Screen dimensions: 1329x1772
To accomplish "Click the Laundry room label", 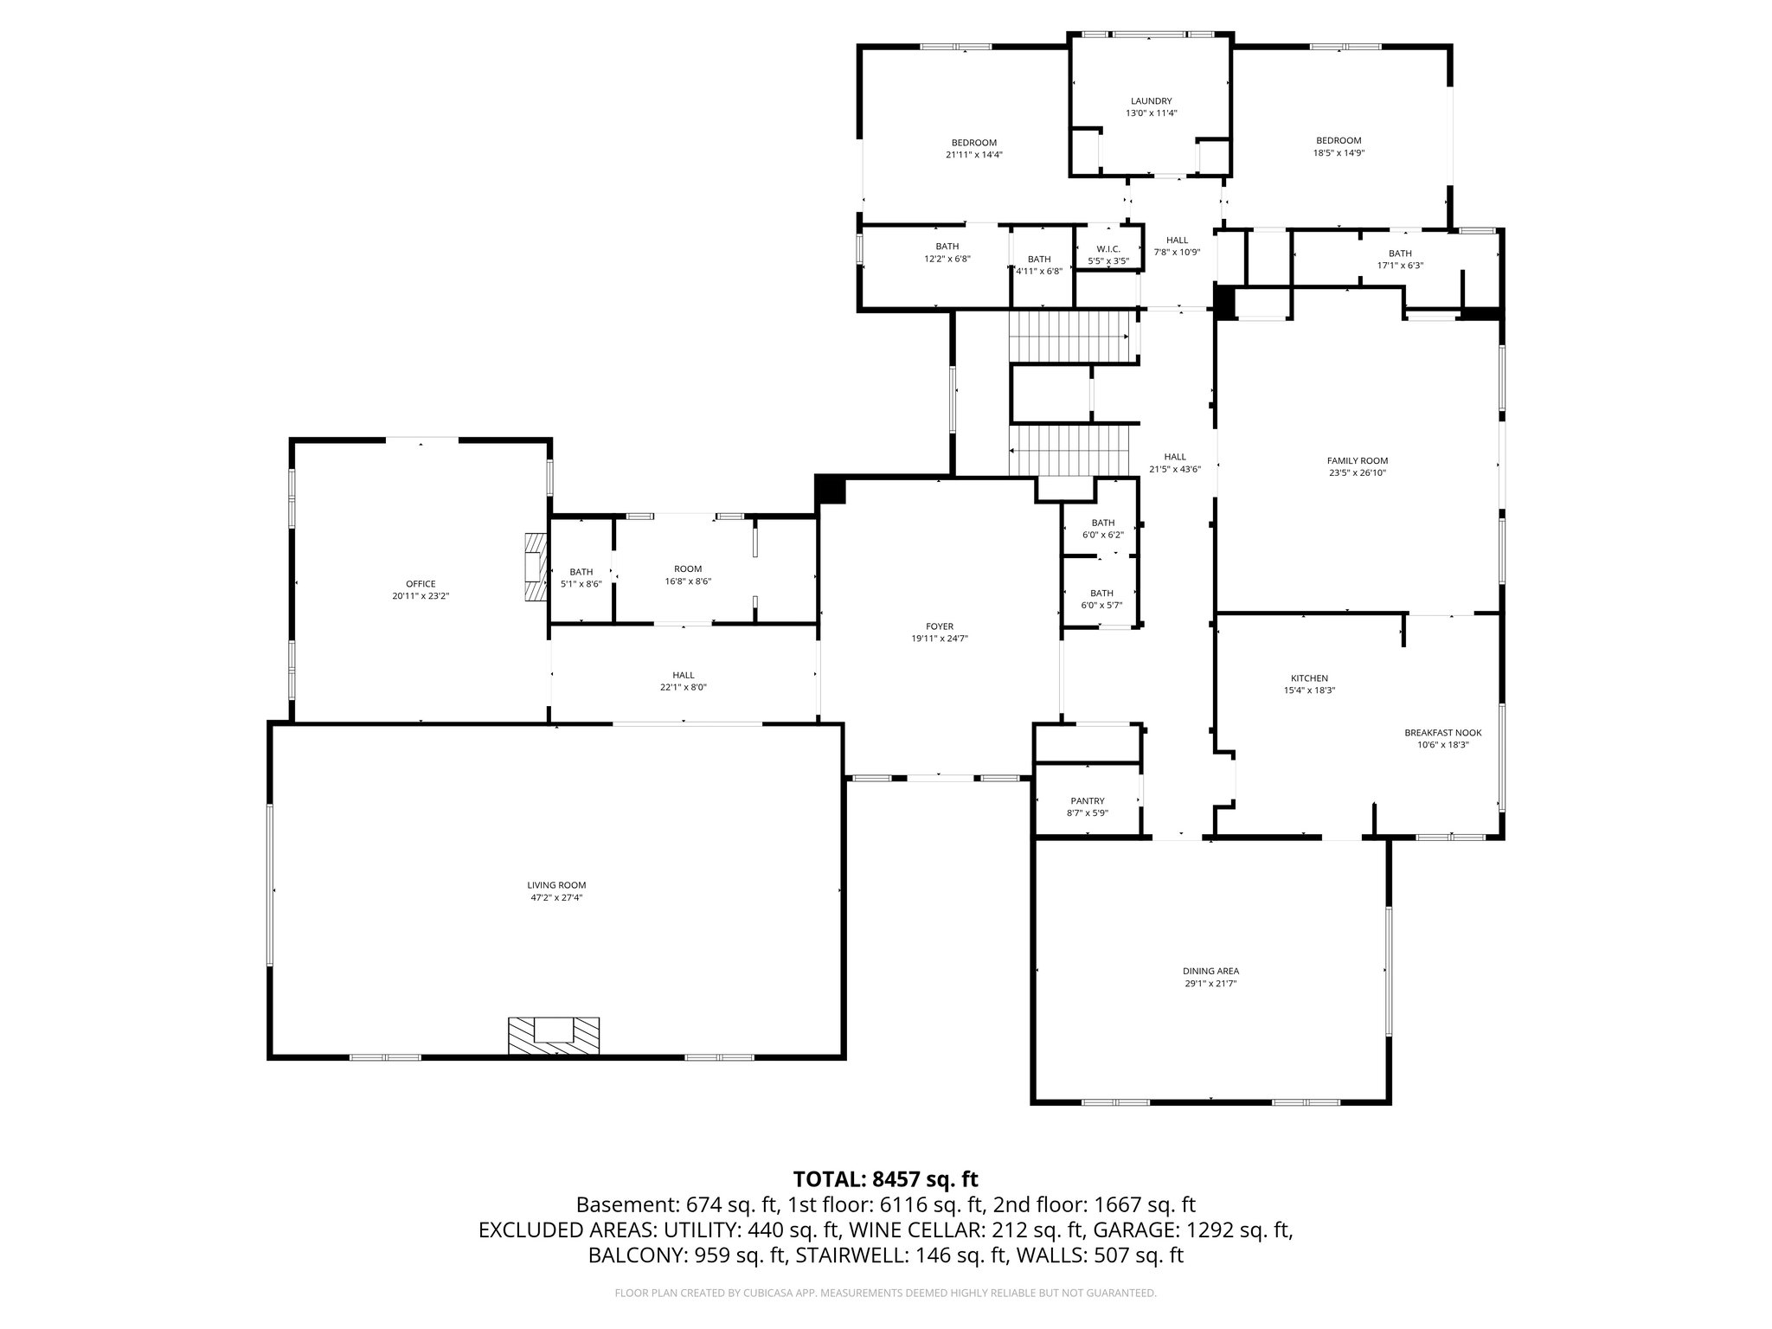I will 1151,101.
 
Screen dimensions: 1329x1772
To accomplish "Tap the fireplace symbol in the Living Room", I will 554,1035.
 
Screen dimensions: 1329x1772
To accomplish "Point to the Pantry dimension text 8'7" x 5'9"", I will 1087,813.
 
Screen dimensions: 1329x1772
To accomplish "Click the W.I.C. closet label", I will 1108,249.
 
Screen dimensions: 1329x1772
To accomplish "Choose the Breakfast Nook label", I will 1442,733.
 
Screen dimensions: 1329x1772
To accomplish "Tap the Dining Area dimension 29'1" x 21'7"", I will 1210,984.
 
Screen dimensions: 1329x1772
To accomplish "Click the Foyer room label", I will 939,626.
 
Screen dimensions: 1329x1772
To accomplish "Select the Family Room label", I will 1358,461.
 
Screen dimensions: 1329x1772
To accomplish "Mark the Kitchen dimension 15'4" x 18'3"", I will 1309,690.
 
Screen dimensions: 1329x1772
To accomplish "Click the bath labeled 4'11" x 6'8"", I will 1039,265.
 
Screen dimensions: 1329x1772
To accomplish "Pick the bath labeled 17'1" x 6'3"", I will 1400,260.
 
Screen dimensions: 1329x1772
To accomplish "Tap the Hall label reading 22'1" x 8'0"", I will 684,681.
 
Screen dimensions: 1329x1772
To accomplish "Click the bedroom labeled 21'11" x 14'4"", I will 974,149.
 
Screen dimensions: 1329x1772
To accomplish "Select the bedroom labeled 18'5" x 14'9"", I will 1339,146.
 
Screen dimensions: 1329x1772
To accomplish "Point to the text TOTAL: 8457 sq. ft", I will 885,1178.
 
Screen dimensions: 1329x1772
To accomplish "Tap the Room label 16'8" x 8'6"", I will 689,575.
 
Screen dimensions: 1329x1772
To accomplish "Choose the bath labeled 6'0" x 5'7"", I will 1101,599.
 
